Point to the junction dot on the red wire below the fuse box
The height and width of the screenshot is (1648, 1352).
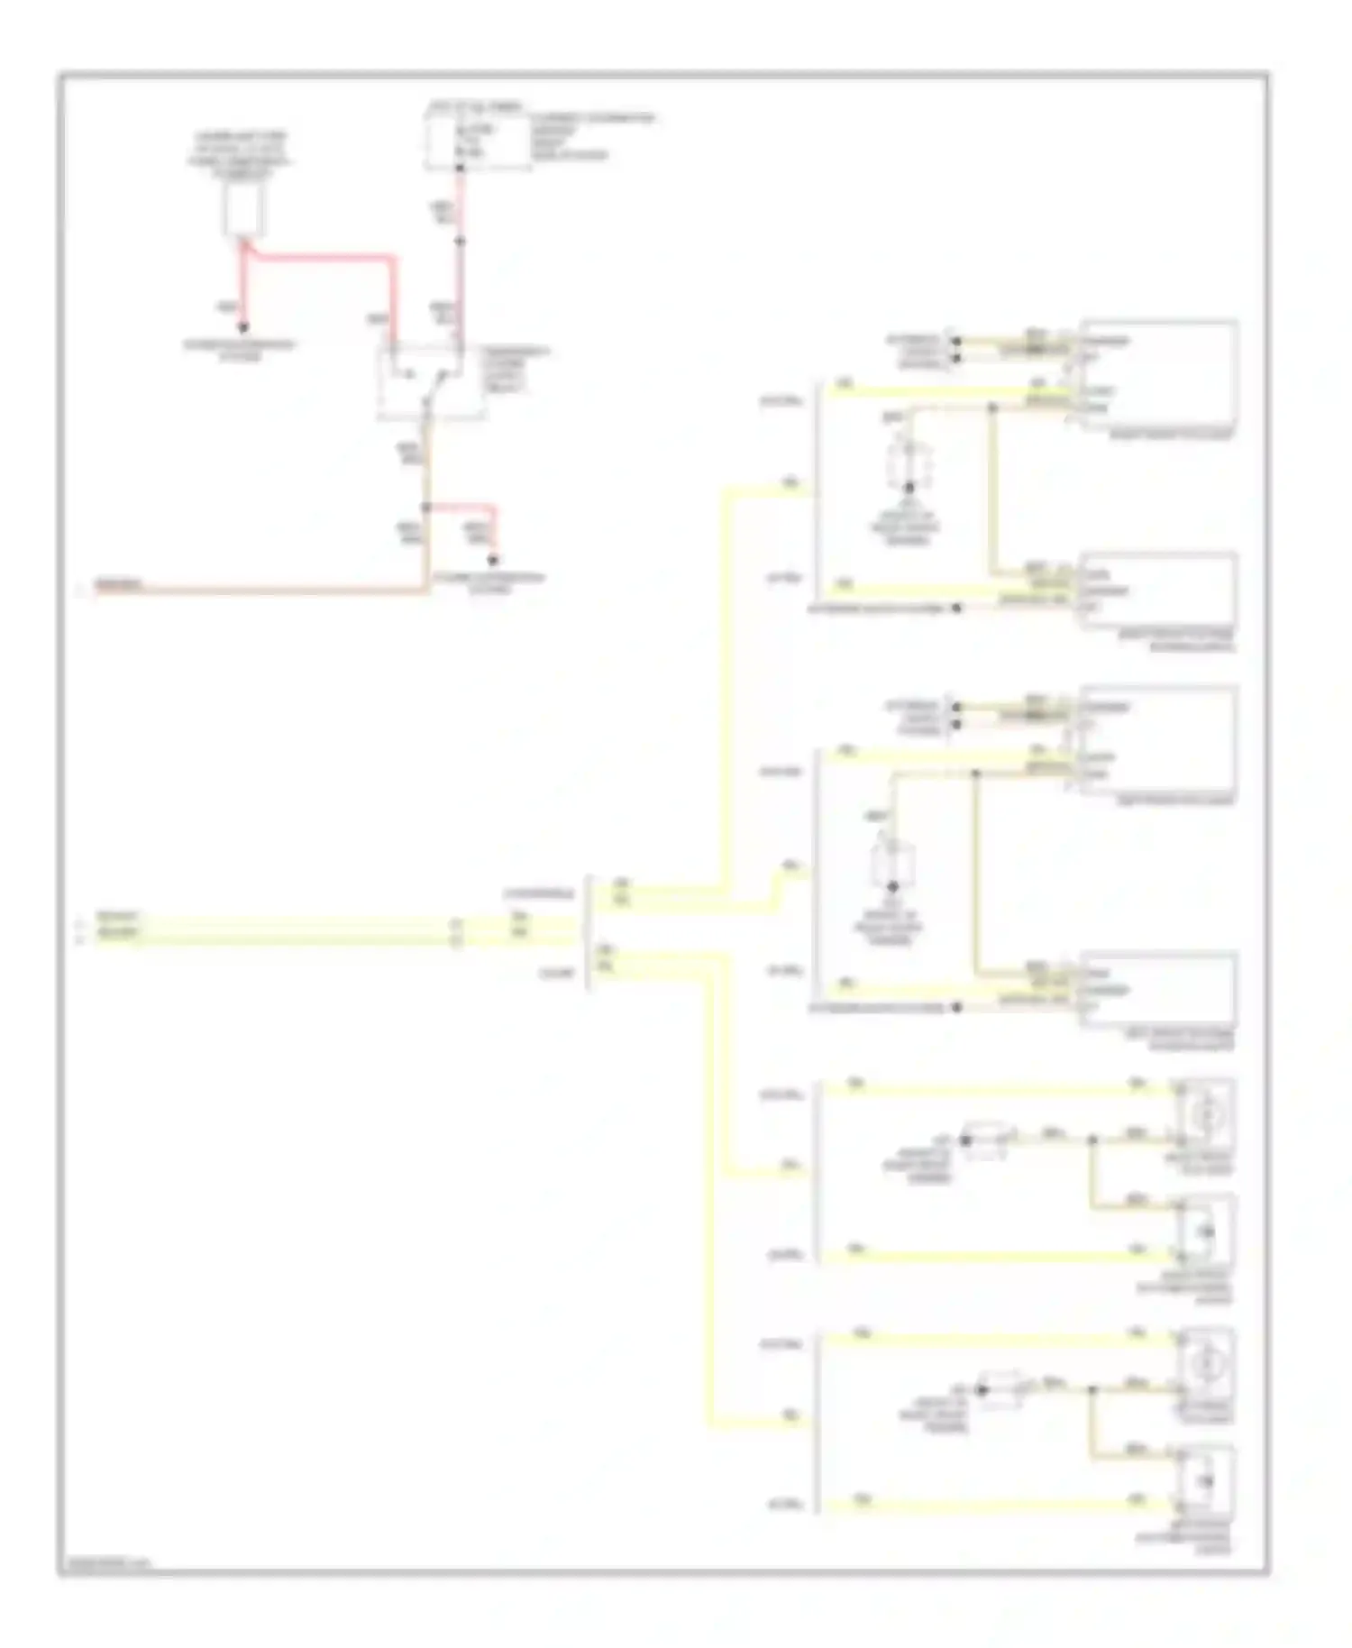(x=459, y=242)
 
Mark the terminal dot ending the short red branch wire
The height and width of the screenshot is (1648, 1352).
(x=493, y=560)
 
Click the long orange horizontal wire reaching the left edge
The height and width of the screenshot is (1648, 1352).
(x=270, y=591)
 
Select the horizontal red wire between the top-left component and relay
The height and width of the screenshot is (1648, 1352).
(x=324, y=258)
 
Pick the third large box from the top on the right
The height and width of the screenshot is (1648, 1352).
(x=1159, y=739)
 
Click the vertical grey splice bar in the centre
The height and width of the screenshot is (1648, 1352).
(x=589, y=932)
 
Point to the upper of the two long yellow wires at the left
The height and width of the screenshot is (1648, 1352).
(x=270, y=923)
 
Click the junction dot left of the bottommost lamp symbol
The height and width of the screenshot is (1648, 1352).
(x=1092, y=1390)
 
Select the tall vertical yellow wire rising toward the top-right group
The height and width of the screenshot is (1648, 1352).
(x=725, y=685)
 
